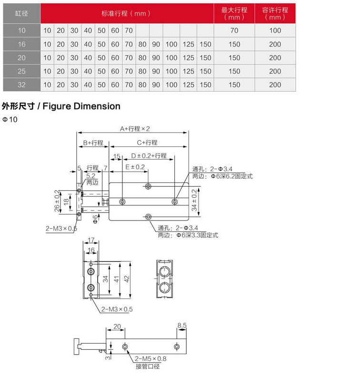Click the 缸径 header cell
(x=22, y=13)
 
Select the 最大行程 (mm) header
(x=234, y=13)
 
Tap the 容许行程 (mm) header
(x=275, y=13)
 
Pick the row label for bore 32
(x=22, y=85)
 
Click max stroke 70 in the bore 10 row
(x=234, y=30)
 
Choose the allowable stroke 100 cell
(x=275, y=30)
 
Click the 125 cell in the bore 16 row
(x=188, y=44)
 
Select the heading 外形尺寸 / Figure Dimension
(x=61, y=106)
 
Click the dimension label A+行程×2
(x=135, y=129)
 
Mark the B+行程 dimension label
(x=92, y=143)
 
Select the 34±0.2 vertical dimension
(x=194, y=200)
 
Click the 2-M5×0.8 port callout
(x=151, y=359)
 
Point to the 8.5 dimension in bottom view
(x=181, y=326)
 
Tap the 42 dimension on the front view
(x=127, y=279)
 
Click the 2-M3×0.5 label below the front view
(x=117, y=309)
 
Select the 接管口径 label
(x=148, y=366)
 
